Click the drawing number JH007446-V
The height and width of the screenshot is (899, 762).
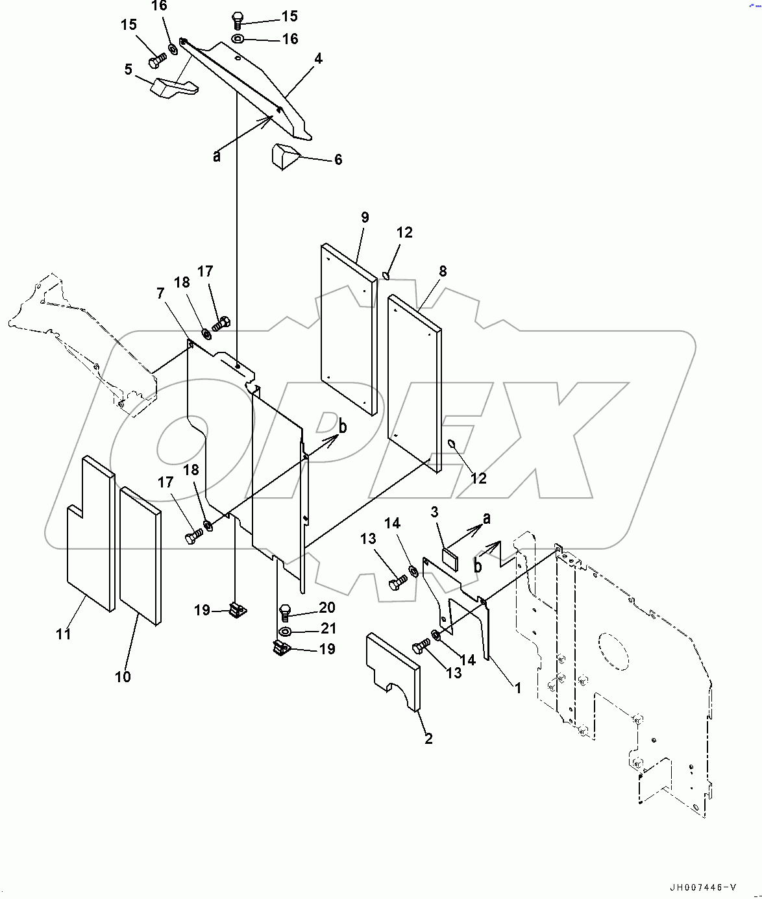pos(704,887)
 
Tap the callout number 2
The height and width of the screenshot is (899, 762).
pos(428,739)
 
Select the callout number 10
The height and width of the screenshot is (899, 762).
pos(123,676)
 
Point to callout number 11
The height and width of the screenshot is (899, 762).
pos(63,634)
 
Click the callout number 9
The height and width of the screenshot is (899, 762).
pos(365,217)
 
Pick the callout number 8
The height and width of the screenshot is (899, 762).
pos(443,271)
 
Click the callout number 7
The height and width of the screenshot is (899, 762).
pos(160,293)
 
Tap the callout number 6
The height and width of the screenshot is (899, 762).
pos(338,160)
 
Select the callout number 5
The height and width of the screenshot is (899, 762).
pos(129,69)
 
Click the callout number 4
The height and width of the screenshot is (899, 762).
pos(318,58)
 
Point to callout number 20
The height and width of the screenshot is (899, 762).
pos(326,607)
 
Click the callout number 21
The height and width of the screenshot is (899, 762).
pos(328,628)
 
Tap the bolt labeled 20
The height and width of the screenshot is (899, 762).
pos(284,611)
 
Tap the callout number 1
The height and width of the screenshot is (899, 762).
pos(517,688)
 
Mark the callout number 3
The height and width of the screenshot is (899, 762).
pos(434,513)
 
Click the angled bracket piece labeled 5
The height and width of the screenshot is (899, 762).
pos(173,88)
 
